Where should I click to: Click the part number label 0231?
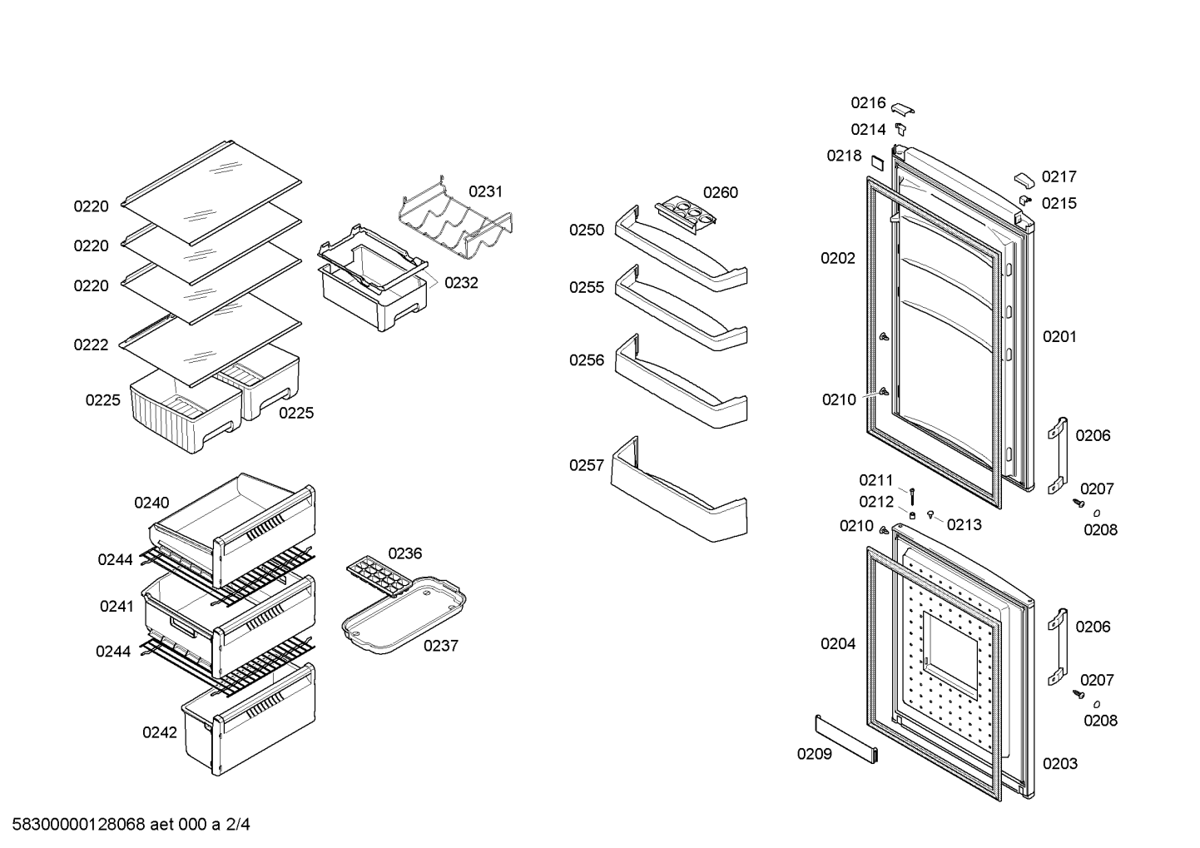tap(485, 191)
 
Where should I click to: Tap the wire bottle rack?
tap(456, 225)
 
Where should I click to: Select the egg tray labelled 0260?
tap(685, 214)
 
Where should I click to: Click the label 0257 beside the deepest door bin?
tap(587, 465)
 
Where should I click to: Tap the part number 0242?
tap(160, 732)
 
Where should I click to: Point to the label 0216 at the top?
tap(868, 102)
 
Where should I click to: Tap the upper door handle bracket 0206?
tap(1057, 454)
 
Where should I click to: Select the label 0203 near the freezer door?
tap(1059, 763)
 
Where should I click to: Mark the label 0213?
tap(964, 524)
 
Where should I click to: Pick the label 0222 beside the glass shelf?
tap(91, 345)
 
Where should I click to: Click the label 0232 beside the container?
tap(461, 282)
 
